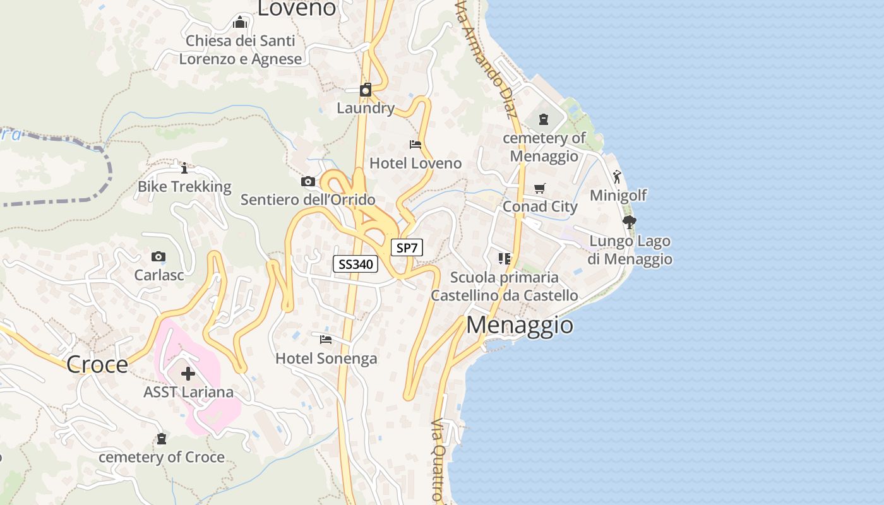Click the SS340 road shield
coord(355,264)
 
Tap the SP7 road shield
coord(407,247)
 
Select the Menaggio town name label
coord(511,324)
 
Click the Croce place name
coord(97,364)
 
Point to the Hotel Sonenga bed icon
coord(326,340)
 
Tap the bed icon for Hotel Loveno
coord(415,145)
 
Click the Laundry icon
coord(366,90)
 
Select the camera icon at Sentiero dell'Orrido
coord(308,182)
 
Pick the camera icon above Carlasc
coord(158,256)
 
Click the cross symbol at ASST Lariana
coord(188,374)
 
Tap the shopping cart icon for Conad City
coord(539,189)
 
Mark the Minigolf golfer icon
coord(617,177)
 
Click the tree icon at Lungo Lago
coord(629,222)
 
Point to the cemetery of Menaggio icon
coord(544,119)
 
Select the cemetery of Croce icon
coord(162,438)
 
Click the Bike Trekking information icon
coord(184,168)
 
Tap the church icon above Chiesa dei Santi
coord(240,23)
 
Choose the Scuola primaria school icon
coord(504,258)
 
